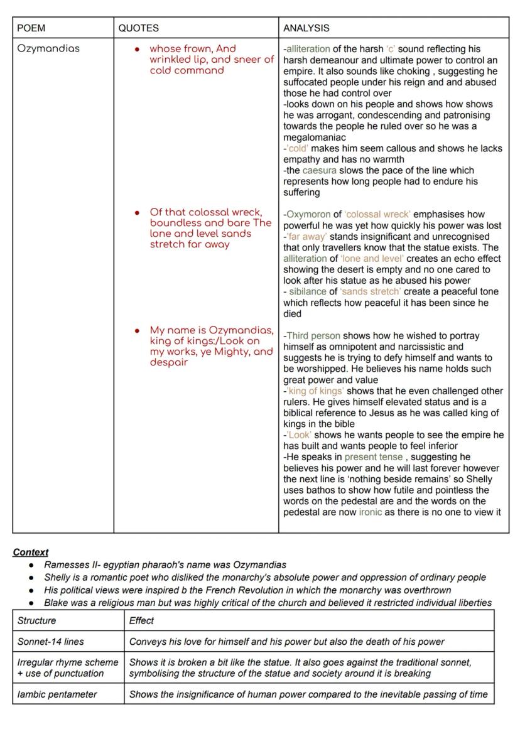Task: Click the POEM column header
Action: pyautogui.click(x=31, y=28)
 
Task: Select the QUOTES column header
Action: pyautogui.click(x=138, y=28)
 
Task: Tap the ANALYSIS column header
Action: pyautogui.click(x=306, y=28)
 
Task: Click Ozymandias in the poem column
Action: pyautogui.click(x=48, y=49)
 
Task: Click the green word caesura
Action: pyautogui.click(x=319, y=171)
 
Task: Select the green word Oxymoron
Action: pyautogui.click(x=308, y=215)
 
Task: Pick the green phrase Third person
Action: pyautogui.click(x=313, y=336)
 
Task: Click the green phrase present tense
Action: pyautogui.click(x=373, y=457)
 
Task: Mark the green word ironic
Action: pyautogui.click(x=370, y=512)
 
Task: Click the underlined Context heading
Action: pyautogui.click(x=30, y=553)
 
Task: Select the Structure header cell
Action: pyautogui.click(x=36, y=621)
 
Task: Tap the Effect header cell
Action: pyautogui.click(x=141, y=621)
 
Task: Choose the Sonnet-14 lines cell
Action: pyautogui.click(x=50, y=642)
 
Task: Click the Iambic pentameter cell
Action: pyautogui.click(x=57, y=694)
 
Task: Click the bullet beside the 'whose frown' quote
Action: pyautogui.click(x=137, y=49)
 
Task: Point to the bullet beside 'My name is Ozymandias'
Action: pyautogui.click(x=137, y=331)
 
